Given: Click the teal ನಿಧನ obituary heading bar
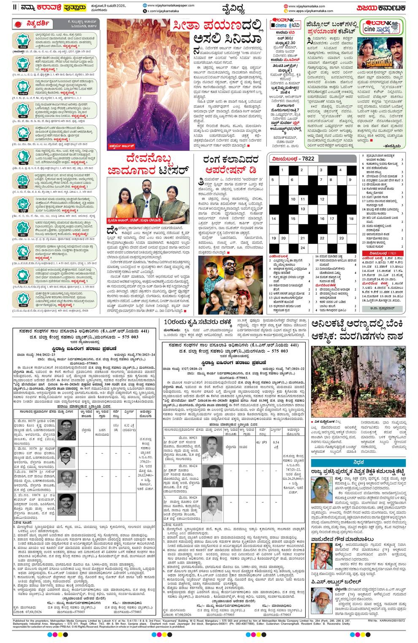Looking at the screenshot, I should [357, 451].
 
